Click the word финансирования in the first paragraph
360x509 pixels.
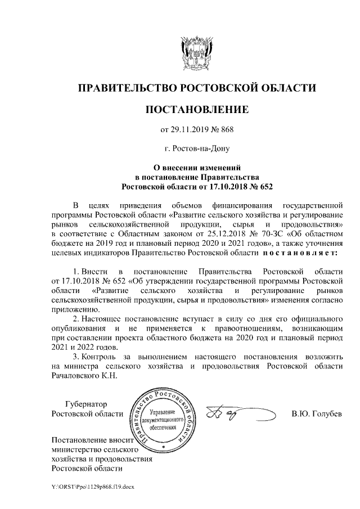coord(244,204)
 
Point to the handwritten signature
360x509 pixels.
coord(228,415)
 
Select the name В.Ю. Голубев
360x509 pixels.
coord(316,415)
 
